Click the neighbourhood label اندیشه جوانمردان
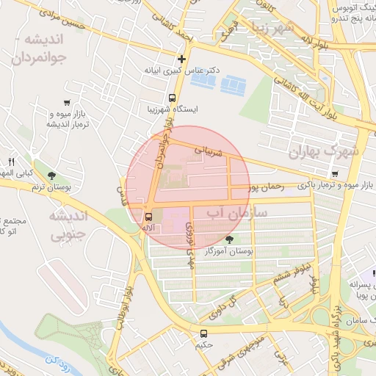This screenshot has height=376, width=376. pos(41,48)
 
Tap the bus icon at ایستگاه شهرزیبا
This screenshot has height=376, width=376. pos(172,98)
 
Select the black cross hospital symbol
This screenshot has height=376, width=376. pos(181,59)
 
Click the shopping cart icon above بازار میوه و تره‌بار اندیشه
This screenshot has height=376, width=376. pos(68,103)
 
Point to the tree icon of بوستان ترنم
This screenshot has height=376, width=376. pos(51,175)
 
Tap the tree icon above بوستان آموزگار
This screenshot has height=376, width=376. pos(230,239)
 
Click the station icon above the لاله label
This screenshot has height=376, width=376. pos(148,217)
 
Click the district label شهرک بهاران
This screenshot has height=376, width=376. pos(324,152)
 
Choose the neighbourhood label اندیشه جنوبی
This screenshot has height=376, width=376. pos(68,225)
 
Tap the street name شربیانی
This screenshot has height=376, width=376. pos(211,151)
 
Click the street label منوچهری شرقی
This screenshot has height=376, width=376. pos(242,345)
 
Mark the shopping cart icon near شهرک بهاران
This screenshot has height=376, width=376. pos(335,174)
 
